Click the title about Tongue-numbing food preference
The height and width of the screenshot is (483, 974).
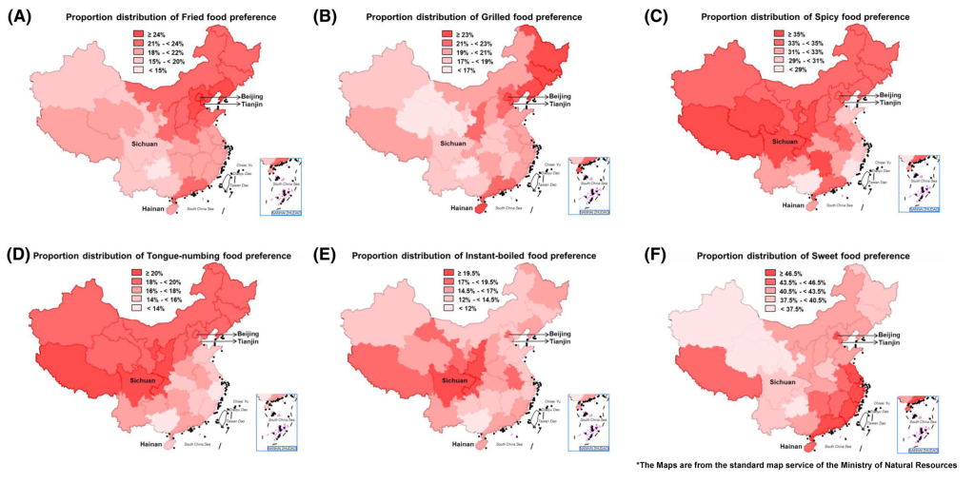(162, 256)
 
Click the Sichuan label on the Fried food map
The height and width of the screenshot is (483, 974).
(146, 144)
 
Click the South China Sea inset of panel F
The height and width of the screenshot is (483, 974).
(919, 418)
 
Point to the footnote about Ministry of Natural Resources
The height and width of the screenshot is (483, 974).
(796, 465)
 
